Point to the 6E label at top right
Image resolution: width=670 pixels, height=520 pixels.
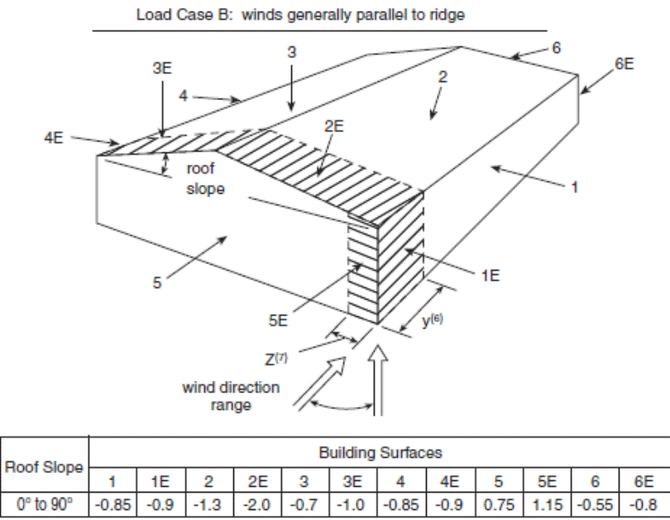pyautogui.click(x=624, y=64)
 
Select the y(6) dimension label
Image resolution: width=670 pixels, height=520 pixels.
pyautogui.click(x=433, y=322)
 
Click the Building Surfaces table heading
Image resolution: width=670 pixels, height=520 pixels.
pyautogui.click(x=380, y=452)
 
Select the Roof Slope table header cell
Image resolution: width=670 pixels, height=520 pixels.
pyautogui.click(x=45, y=467)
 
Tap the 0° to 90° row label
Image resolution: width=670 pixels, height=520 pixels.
pyautogui.click(x=45, y=503)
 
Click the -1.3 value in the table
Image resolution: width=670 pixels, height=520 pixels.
pyautogui.click(x=210, y=503)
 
